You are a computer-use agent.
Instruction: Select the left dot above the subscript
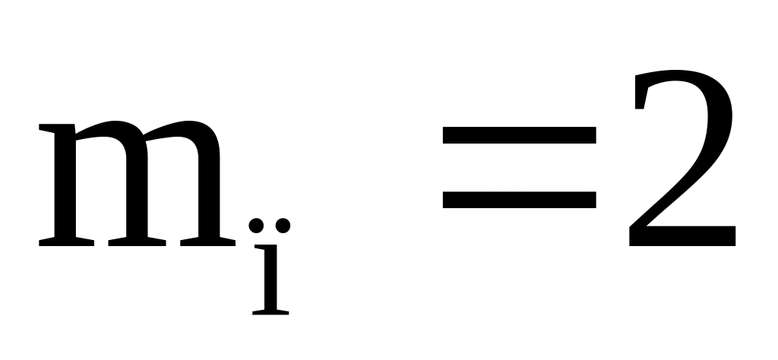point(257,226)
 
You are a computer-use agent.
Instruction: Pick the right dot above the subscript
point(283,226)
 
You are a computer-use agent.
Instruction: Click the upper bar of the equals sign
point(519,135)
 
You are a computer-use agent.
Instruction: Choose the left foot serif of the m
point(67,242)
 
